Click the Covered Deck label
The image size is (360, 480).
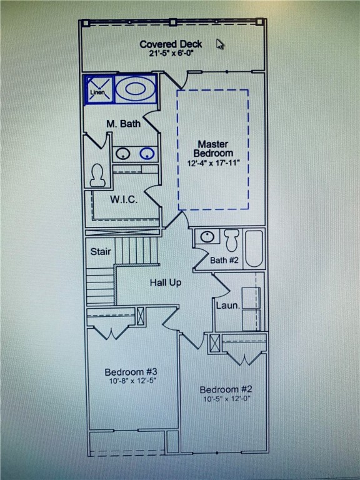[x=171, y=44]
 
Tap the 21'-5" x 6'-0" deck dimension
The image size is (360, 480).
[x=171, y=54]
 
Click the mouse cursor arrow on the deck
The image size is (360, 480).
[x=220, y=44]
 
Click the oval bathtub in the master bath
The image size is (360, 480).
[x=134, y=89]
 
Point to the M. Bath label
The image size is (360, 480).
[x=123, y=124]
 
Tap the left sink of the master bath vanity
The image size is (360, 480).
[x=123, y=153]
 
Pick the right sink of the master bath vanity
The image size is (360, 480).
[x=147, y=153]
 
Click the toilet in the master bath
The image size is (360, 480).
[x=97, y=176]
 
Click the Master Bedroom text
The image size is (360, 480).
[x=213, y=149]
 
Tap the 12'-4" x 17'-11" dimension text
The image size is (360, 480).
[x=213, y=163]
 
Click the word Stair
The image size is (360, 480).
[x=101, y=252]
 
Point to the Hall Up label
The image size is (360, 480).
[x=166, y=282]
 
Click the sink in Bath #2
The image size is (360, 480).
[x=207, y=237]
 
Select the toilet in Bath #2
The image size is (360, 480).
[x=232, y=239]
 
